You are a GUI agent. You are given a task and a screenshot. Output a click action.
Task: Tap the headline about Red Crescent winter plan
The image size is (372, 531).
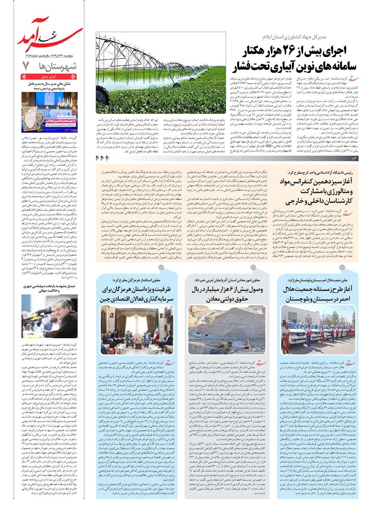(317, 294)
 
